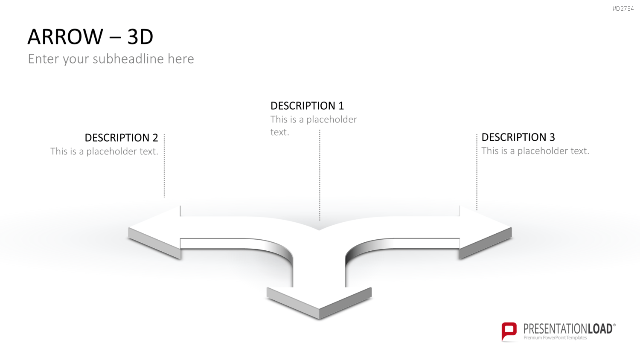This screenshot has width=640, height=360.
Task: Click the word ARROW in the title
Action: coord(65,37)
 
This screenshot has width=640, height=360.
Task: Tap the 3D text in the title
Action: coord(140,37)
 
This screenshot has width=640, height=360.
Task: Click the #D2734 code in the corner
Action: coord(623,9)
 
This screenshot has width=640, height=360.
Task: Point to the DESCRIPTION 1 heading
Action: coord(307,106)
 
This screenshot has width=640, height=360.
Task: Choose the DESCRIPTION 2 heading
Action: coord(122,138)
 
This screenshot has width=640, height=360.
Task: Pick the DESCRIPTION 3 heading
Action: coord(518,137)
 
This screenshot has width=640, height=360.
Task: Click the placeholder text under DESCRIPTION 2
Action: coord(104,151)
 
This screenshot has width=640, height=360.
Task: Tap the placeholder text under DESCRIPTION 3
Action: coord(535,151)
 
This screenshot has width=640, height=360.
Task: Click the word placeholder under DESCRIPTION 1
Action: coord(332,120)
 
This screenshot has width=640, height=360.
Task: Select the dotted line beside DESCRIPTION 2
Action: coord(164,166)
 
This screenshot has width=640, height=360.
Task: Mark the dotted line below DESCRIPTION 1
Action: coord(320,175)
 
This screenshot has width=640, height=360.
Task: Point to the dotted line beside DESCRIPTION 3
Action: coord(477,172)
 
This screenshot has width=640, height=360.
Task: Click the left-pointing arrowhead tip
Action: coord(128,228)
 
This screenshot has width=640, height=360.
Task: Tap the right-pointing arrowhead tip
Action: coord(512,228)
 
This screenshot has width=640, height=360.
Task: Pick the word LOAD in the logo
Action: coord(600,329)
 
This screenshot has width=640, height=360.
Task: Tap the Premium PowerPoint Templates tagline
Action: coord(555,338)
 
